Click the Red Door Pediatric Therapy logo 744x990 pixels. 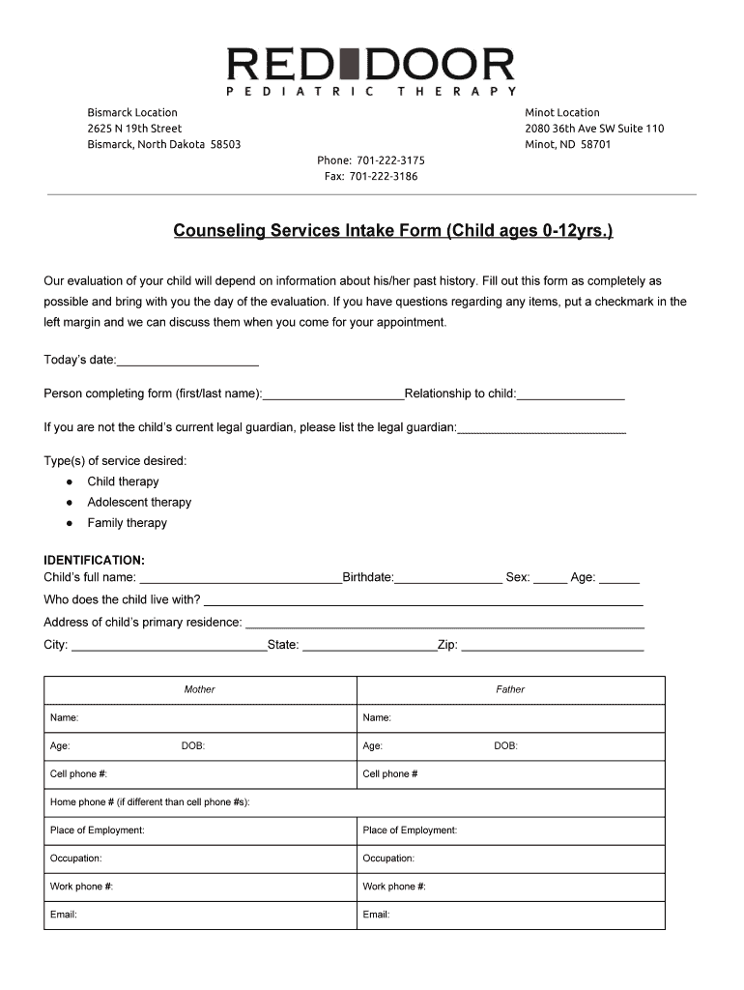coord(371,71)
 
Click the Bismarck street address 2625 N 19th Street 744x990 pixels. coord(134,129)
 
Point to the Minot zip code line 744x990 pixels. coord(568,144)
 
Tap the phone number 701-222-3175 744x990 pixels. coord(371,160)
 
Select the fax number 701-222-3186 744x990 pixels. coord(371,176)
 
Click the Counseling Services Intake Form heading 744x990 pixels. coord(392,231)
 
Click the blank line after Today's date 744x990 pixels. coord(187,362)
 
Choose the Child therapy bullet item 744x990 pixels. coord(123,481)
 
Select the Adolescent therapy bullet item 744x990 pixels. coord(139,502)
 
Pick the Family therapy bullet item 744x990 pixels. coord(127,523)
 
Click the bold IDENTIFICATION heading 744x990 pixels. coord(95,560)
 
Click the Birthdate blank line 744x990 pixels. coord(447,578)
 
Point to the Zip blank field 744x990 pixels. coord(552,646)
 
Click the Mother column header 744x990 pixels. coord(200,689)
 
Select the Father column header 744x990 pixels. coord(510,689)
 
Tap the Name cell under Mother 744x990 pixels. coord(200,718)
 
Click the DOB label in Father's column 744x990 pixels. coord(505,746)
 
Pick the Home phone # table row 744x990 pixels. coord(354,802)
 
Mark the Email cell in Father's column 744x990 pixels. coord(510,915)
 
